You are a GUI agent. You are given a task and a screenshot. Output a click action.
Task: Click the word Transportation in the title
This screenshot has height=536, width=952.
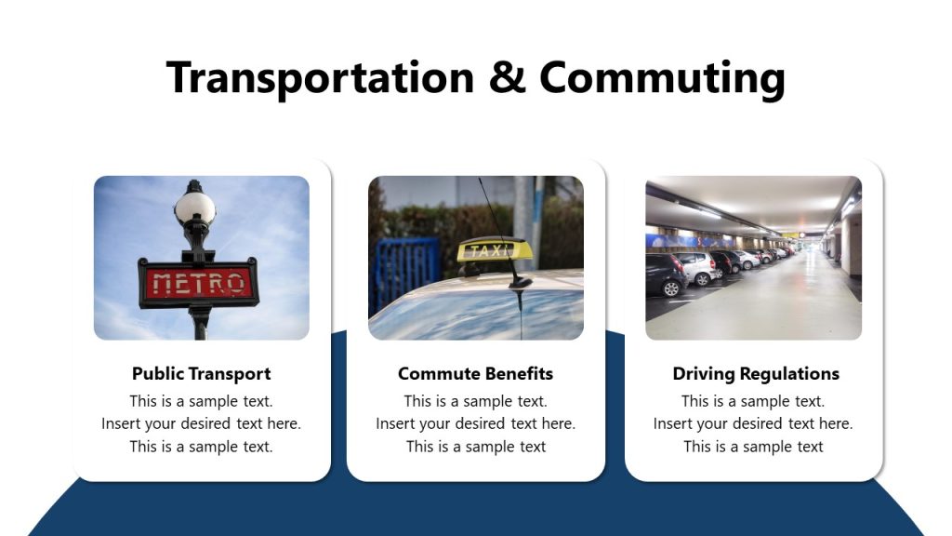(x=320, y=77)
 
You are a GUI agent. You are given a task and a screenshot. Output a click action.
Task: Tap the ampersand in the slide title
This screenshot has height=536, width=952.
(x=507, y=77)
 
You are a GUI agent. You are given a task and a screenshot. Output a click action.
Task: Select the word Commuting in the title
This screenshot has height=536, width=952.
(x=662, y=79)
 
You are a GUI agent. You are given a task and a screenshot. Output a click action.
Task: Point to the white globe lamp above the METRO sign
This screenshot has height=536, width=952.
(x=195, y=207)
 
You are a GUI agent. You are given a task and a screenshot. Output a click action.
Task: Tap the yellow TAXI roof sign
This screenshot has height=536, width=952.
(x=494, y=250)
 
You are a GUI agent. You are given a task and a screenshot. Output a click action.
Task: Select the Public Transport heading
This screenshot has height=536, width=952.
(x=201, y=374)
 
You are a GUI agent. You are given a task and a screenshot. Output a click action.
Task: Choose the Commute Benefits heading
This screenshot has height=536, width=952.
(x=475, y=374)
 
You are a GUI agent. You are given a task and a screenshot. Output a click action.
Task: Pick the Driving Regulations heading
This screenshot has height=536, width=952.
(x=755, y=374)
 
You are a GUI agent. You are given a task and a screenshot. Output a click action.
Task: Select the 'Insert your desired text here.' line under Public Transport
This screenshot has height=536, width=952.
(x=201, y=424)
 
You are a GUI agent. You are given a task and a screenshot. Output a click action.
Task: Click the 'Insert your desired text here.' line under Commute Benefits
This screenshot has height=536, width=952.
(x=475, y=424)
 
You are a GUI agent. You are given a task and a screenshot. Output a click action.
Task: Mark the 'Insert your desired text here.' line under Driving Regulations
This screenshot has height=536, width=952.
(x=753, y=424)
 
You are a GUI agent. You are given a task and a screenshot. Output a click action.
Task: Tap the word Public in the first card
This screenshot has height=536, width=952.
(x=158, y=374)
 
